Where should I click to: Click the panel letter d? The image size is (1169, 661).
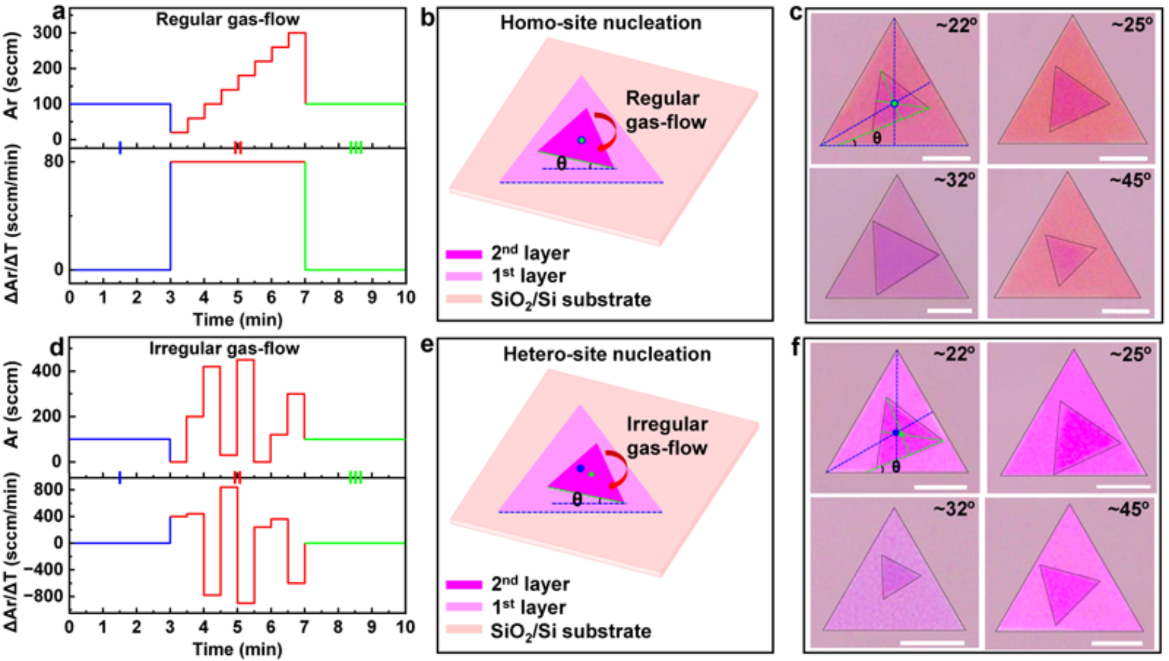tap(57, 347)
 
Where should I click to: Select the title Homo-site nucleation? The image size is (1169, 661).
tap(600, 23)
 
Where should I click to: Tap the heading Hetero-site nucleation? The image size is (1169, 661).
tap(607, 354)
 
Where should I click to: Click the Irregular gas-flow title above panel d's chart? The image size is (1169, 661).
tap(224, 349)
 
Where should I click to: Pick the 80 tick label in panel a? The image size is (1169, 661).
tap(54, 162)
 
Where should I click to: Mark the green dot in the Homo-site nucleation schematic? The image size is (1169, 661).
tap(581, 140)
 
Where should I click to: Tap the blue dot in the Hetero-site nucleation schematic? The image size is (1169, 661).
tap(580, 468)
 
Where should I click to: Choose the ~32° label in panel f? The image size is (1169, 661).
tap(954, 509)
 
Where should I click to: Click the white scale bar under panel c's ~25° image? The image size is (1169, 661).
tap(1123, 158)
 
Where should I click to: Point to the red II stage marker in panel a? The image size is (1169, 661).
tap(238, 147)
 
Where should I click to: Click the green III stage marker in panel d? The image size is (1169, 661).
tap(355, 477)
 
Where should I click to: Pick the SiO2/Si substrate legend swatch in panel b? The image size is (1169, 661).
tap(463, 299)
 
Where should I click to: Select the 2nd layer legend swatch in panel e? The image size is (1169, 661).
tap(463, 584)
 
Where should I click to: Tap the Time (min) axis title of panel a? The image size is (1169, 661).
tap(238, 320)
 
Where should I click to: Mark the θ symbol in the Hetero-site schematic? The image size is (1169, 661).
tap(577, 499)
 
